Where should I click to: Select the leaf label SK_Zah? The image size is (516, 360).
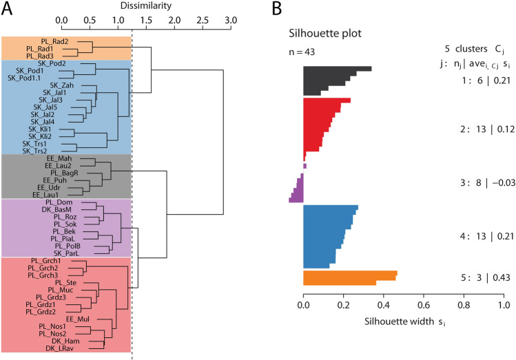53,85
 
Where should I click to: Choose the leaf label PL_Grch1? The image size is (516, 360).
46,261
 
